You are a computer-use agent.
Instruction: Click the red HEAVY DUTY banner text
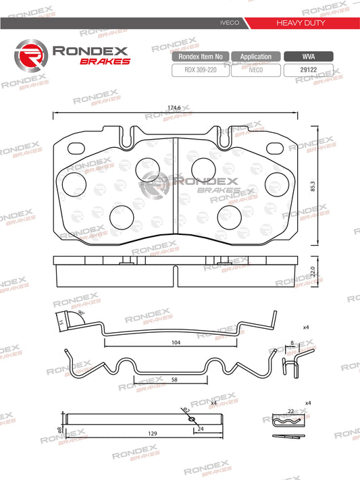[301, 23]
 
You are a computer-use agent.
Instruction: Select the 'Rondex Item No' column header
[201, 57]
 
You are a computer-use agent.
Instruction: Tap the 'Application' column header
[256, 57]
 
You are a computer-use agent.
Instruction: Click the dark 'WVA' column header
[308, 57]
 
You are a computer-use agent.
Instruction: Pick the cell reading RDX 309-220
[201, 68]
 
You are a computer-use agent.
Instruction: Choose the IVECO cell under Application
[256, 68]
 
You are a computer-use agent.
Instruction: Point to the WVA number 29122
[308, 68]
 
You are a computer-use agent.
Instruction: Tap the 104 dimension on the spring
[176, 344]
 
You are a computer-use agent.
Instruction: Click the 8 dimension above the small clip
[292, 344]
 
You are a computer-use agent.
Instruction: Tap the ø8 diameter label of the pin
[59, 429]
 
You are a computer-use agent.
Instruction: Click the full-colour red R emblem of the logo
[30, 55]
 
